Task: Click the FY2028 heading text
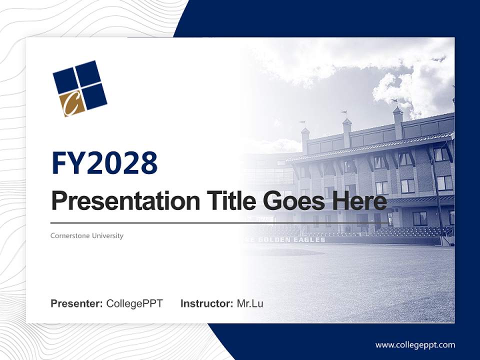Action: pyautogui.click(x=104, y=163)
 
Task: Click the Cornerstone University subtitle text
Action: pyautogui.click(x=86, y=235)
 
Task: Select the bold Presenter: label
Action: pyautogui.click(x=76, y=303)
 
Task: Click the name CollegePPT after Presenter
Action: pyautogui.click(x=134, y=303)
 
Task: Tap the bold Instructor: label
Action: pyautogui.click(x=206, y=303)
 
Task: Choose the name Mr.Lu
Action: pyautogui.click(x=249, y=303)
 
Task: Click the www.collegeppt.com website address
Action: pyautogui.click(x=415, y=344)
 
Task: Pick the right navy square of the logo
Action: pyautogui.click(x=94, y=95)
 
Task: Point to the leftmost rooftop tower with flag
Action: pyautogui.click(x=304, y=137)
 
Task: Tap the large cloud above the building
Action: pyautogui.click(x=410, y=85)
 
